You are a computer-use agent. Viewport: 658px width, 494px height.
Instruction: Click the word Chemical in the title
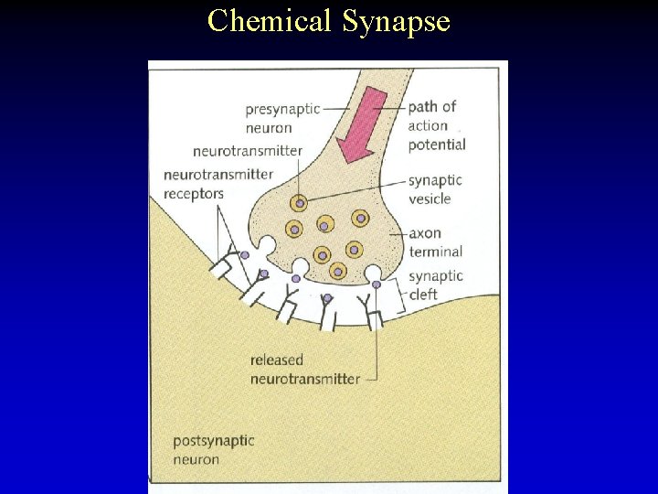point(271,20)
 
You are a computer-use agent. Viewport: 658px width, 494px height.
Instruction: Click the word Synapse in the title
point(397,20)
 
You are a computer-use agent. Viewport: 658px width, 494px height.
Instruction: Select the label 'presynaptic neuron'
point(281,118)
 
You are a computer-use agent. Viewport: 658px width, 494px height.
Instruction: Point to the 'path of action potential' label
point(436,125)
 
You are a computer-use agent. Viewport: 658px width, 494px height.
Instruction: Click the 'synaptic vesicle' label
point(435,189)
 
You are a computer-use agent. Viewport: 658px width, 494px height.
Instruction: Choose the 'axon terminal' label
point(435,242)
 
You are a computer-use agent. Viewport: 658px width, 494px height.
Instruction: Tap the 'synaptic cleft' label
point(435,285)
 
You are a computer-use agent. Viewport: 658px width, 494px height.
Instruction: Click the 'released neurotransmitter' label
point(304,370)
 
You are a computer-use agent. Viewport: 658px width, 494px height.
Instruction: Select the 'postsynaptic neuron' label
point(213,449)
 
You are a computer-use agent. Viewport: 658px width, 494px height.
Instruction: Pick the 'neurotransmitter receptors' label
point(218,184)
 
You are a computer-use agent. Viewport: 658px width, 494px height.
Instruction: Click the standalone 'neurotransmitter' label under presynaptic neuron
point(247,151)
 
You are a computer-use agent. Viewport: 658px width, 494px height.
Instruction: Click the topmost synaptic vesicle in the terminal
point(299,204)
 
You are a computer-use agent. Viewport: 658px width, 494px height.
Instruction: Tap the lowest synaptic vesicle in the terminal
point(337,270)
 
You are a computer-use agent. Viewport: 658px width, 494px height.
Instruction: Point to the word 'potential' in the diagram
point(437,145)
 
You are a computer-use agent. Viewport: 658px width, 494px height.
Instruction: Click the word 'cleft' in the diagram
point(424,295)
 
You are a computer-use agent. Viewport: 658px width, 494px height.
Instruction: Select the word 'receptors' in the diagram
point(193,194)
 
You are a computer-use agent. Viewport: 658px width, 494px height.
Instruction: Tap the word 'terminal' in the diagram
point(435,252)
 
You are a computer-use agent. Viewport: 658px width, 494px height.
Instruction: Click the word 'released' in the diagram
point(276,360)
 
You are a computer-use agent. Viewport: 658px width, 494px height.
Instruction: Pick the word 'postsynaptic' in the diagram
point(213,440)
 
